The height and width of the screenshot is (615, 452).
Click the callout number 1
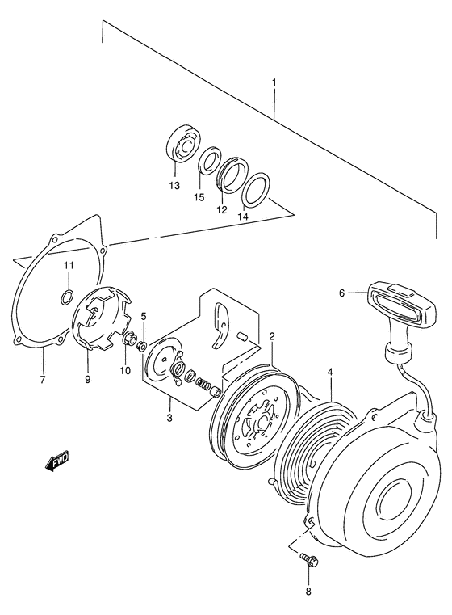[274, 82]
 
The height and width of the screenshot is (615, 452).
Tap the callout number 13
[174, 185]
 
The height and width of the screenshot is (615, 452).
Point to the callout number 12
[220, 210]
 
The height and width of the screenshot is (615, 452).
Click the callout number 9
[88, 378]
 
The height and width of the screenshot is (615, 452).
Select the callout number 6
[341, 293]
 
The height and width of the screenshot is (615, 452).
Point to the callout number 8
[309, 593]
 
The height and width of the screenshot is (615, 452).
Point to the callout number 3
[169, 417]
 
